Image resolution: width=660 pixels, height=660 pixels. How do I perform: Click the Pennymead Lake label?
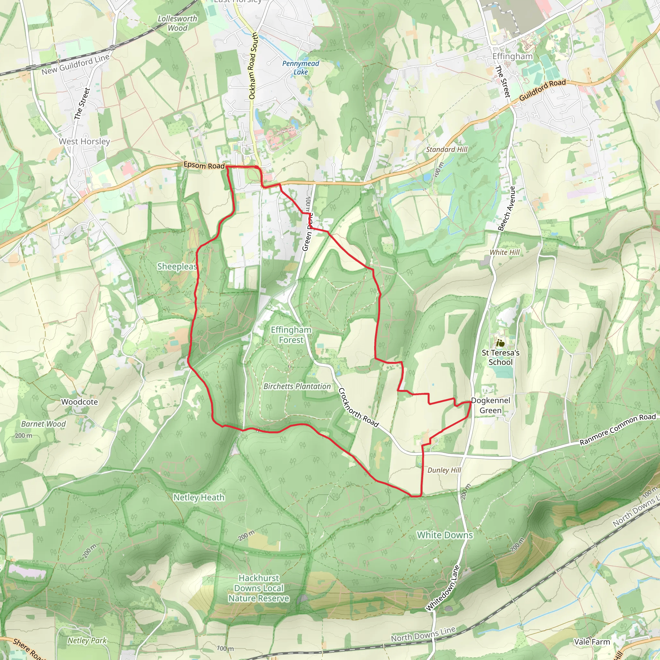tap(301, 68)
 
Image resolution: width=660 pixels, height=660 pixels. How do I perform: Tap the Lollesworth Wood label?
tap(177, 23)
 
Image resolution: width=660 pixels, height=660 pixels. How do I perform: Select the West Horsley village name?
tap(84, 141)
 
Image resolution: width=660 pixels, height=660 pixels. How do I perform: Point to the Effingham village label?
tap(512, 56)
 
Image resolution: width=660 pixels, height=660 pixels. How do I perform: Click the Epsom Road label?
tap(204, 165)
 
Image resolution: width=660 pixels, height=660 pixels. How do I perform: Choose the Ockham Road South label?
tap(253, 66)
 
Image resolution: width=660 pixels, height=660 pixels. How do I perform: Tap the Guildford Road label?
tap(542, 90)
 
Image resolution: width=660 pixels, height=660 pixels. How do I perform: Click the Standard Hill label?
tap(446, 149)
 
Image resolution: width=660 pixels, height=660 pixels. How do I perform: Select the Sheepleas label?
tap(177, 267)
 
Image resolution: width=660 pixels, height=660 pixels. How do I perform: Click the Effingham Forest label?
tap(291, 335)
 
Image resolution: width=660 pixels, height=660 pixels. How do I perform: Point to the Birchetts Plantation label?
tap(297, 386)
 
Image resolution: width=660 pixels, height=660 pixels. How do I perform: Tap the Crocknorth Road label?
tap(358, 408)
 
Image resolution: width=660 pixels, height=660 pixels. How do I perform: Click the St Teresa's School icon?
tap(500, 343)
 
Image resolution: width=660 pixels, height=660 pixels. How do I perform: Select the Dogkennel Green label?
tap(490, 405)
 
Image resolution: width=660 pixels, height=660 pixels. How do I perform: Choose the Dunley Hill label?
tap(444, 470)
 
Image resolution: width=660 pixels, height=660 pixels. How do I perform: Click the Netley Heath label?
tap(199, 497)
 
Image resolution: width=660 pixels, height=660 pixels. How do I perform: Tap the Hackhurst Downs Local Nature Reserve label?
tap(259, 588)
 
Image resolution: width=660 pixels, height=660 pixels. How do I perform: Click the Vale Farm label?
tap(592, 642)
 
